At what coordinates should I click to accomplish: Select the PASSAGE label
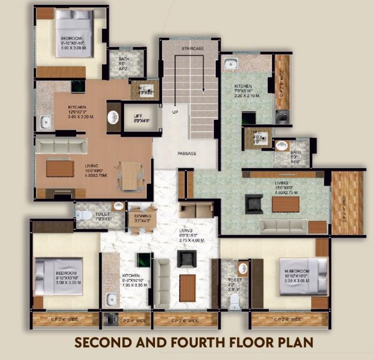tap(187, 153)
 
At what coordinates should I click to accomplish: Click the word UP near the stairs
tap(175, 112)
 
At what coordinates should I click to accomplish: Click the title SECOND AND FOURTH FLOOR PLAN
tap(186, 342)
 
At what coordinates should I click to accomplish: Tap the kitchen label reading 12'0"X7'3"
tap(80, 111)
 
